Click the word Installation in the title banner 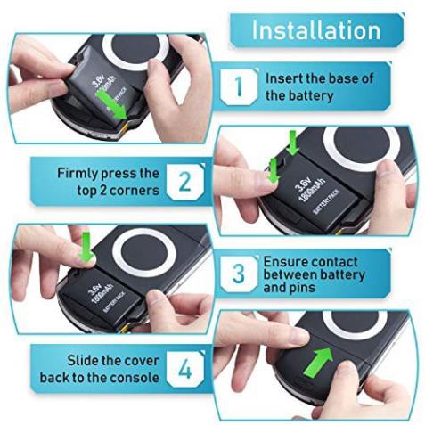coord(316,30)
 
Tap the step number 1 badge coord(239,86)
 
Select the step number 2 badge coord(185,181)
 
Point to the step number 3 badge coord(239,274)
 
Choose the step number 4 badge coord(185,369)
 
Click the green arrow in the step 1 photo coord(110,106)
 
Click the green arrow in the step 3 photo coord(86,247)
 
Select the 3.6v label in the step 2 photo coord(303,184)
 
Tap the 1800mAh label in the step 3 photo coord(102,294)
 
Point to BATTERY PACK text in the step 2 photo coord(326,202)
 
